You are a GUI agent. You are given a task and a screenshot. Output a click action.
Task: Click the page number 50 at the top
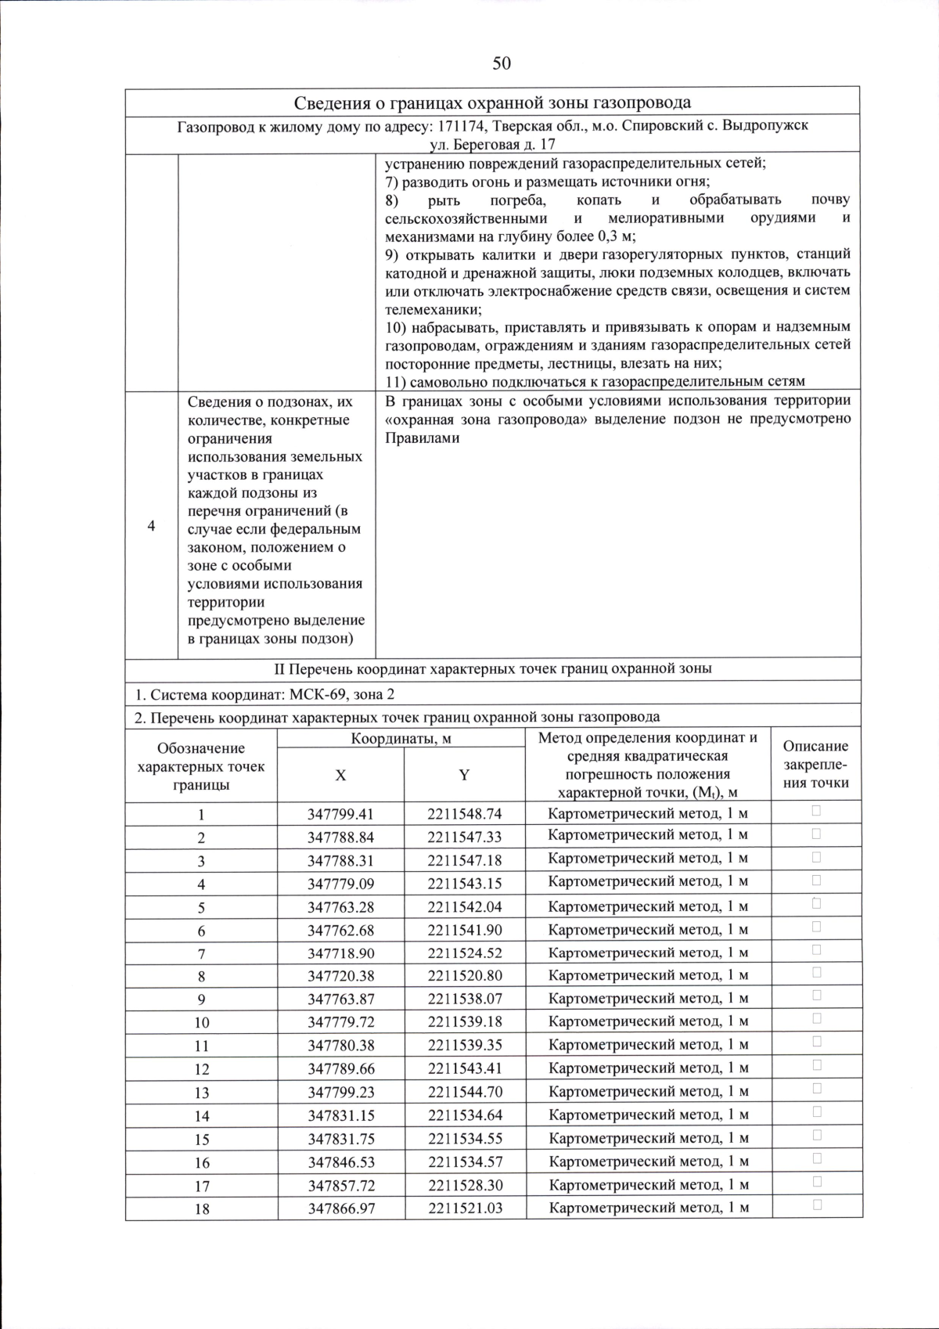(x=502, y=63)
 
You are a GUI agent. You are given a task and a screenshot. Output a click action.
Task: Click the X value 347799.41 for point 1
(x=340, y=813)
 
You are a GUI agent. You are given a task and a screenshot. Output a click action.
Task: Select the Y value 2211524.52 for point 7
(x=464, y=953)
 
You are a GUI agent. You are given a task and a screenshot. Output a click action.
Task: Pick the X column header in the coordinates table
(x=340, y=775)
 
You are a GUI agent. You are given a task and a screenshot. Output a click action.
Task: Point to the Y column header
(x=464, y=775)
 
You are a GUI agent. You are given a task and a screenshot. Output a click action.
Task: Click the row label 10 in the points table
(x=201, y=1022)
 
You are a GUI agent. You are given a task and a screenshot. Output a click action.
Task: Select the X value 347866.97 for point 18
(x=340, y=1208)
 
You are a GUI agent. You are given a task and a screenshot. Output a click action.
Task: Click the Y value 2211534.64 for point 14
(x=464, y=1115)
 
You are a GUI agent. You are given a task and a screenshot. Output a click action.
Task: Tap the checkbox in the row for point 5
(x=816, y=903)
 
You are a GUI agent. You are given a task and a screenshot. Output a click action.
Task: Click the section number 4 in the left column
(x=151, y=525)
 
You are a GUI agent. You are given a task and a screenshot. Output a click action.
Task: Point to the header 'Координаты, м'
(x=401, y=738)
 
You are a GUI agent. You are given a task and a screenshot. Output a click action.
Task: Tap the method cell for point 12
(x=648, y=1068)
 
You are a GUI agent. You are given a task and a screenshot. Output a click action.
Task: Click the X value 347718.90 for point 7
(x=340, y=953)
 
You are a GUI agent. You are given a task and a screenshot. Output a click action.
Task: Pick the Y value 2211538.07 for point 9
(x=464, y=999)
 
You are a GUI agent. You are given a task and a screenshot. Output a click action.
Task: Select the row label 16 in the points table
(x=201, y=1162)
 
